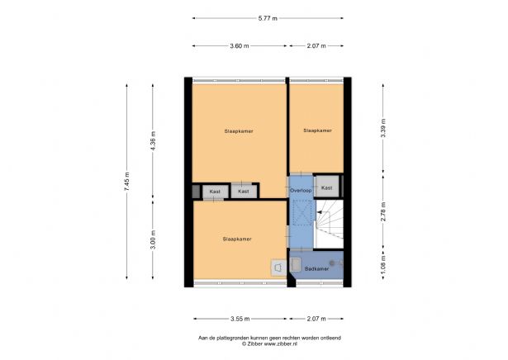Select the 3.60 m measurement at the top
[x=240, y=46]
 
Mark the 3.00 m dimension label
[x=153, y=243]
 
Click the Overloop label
[x=301, y=191]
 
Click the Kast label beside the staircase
[x=327, y=187]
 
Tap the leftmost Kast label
[x=215, y=192]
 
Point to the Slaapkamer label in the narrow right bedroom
[x=318, y=130]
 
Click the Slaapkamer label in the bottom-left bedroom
[x=237, y=239]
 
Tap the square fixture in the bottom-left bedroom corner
[x=278, y=267]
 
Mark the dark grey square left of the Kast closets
[x=196, y=192]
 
